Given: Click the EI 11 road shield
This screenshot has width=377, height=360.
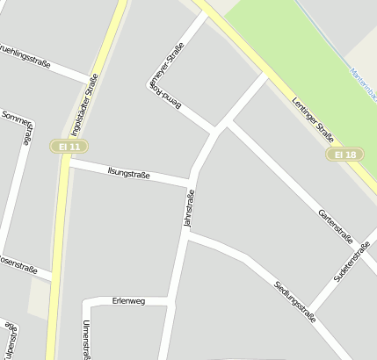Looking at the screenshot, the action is point(66,146).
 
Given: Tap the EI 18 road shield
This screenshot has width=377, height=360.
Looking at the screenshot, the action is point(345,155).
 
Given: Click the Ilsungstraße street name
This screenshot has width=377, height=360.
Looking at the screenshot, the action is point(128,174).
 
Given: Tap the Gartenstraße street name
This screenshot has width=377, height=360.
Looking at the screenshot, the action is point(335,227).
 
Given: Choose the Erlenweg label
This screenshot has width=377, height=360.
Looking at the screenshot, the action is point(128,301).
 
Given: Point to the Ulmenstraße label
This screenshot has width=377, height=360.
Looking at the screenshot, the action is point(86,339).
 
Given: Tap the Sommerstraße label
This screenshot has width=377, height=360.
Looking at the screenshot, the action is point(19,122).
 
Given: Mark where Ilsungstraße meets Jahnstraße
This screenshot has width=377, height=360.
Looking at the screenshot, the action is point(192,184).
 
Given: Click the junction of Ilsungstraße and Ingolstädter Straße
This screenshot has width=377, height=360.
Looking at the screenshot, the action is point(69,163).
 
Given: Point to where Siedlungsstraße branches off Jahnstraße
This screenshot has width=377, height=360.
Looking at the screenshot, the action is point(187,234).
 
